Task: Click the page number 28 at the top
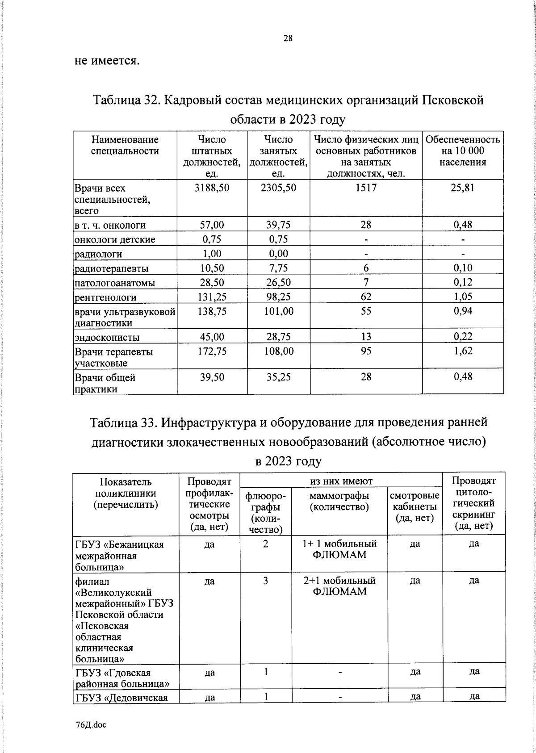[x=288, y=38]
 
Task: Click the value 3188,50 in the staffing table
[x=212, y=188]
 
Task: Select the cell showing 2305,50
[x=278, y=188]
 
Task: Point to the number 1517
[x=366, y=188]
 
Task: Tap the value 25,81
[x=462, y=188]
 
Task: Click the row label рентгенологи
[x=105, y=297]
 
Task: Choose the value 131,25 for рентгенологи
[x=212, y=297]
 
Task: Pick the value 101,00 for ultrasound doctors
[x=278, y=311]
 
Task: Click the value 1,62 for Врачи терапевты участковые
[x=463, y=351]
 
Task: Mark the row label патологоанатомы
[x=115, y=283]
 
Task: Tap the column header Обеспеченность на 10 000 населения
[x=462, y=151]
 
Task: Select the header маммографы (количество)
[x=339, y=501]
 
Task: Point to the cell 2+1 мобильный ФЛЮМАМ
[x=339, y=586]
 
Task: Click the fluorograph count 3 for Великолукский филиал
[x=265, y=581]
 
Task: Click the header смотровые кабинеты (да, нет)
[x=415, y=506]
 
